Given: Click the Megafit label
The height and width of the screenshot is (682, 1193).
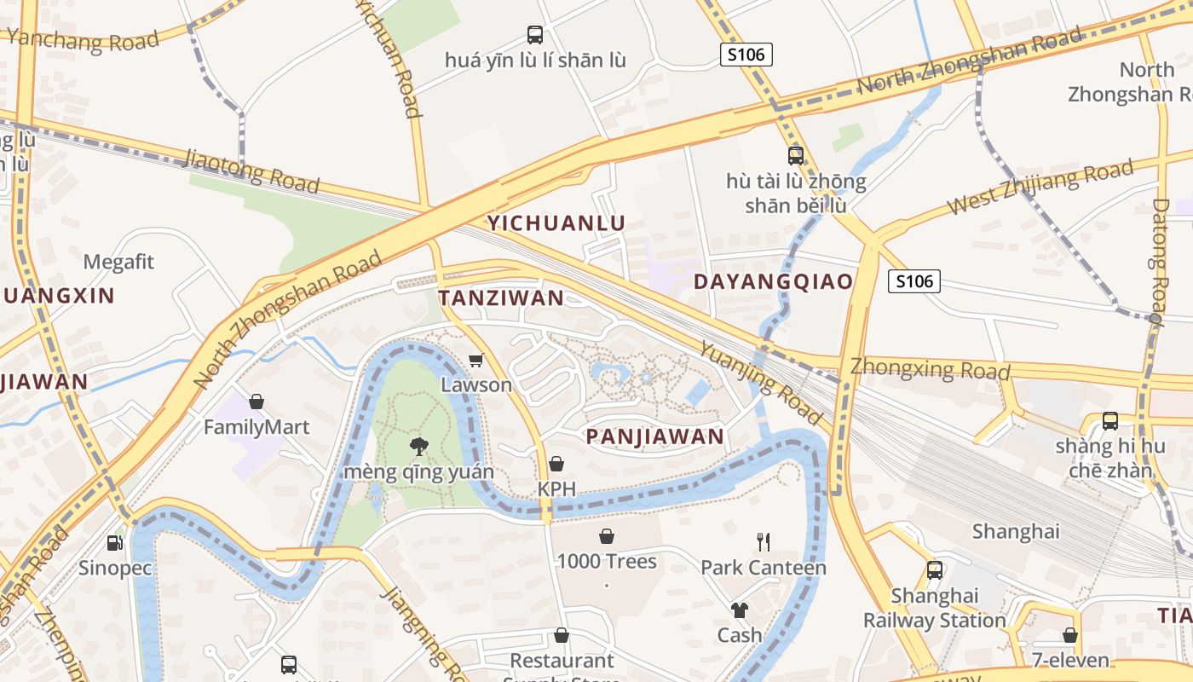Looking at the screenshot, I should pos(119,262).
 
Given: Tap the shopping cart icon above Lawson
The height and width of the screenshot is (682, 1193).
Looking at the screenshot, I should pos(475,360).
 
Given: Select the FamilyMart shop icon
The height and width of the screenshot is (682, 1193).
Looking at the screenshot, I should pos(256,402).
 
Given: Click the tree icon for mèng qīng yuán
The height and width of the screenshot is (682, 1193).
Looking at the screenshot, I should pos(418,446).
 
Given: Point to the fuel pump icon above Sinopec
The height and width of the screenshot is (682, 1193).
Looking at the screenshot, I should pos(114,543).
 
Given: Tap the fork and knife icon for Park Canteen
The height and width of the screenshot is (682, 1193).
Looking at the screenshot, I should pos(764,541).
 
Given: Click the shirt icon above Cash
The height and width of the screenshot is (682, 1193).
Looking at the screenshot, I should pos(739,610).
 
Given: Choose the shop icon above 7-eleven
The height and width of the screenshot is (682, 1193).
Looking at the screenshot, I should pos(1070,635).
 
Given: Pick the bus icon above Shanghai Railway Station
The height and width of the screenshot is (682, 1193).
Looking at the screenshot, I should pos(935,570).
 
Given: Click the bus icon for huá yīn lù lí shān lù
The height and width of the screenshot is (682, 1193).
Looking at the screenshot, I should pos(535,35).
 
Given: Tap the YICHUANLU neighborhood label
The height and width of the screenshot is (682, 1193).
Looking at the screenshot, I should pos(556,223).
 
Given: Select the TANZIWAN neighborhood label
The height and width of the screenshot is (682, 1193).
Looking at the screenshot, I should pos(501,298).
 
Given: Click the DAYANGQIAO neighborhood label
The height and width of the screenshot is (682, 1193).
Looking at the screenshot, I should pos(773,282).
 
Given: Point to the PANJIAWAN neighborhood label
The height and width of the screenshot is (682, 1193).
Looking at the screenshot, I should pos(654,437).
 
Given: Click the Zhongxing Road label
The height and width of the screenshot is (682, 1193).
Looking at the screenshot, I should pos(931,368).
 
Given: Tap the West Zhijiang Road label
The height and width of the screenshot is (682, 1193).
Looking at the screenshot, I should pos(1040,188).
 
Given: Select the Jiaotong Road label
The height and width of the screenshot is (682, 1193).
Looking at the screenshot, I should pos(251,170).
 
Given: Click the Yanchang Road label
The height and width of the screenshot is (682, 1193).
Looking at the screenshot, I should pos(84,39).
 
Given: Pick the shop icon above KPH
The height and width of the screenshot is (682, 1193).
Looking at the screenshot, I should pos(556,464).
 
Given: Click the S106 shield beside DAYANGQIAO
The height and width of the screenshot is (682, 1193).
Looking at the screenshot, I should pos(913,280).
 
